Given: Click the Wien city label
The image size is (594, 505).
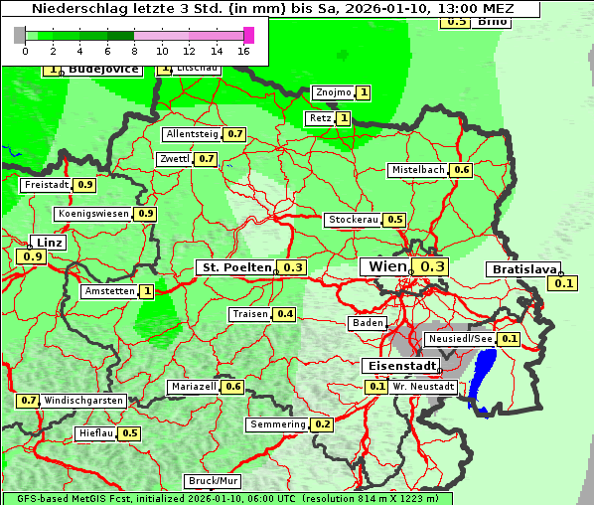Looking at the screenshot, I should point(387,266).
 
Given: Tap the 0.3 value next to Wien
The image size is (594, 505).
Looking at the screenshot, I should point(433,266).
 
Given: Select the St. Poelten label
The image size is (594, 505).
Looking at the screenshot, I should point(236,267).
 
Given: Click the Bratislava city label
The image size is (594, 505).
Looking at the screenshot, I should point(522,269).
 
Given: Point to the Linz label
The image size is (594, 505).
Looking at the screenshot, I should point(48,243).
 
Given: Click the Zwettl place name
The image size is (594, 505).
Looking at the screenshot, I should point(174,159).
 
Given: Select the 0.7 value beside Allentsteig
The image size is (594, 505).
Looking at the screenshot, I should point(235,134).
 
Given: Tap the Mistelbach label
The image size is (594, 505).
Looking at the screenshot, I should point(417,170).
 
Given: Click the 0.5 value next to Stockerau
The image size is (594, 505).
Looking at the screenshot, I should point(395,220).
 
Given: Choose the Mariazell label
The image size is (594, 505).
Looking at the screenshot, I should point(193,387).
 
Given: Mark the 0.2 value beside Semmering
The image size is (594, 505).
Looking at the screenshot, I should point(322,424).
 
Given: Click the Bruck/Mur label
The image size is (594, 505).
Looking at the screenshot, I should point(214,480).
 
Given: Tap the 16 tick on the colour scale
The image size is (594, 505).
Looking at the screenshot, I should point(243,50).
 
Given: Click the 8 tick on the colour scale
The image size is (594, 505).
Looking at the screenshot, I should point(134,50).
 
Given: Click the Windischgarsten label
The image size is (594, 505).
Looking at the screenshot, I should point(83,401).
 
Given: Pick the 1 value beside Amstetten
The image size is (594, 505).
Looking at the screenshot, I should point(147,291).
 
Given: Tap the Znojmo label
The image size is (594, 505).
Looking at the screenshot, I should point(333,92).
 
